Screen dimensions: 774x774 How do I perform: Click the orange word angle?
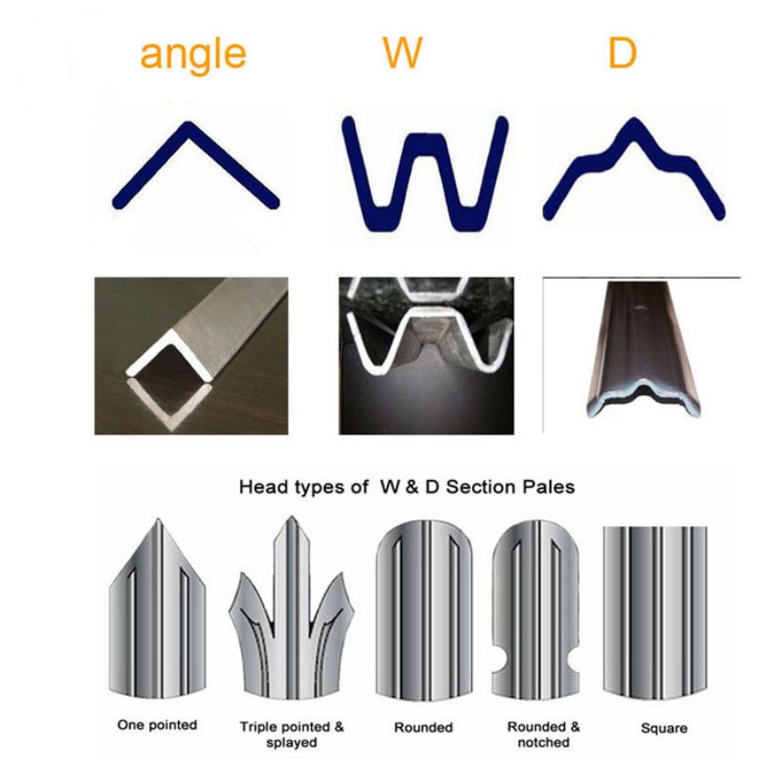[193, 55]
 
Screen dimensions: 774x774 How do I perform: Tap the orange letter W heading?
[402, 52]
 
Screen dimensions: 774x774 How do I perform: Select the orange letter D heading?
[622, 52]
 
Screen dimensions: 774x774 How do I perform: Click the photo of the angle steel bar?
[191, 356]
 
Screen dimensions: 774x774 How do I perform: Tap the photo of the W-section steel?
[426, 356]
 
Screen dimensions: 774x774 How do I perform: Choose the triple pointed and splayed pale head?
[291, 612]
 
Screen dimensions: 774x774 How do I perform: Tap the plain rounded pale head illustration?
[424, 612]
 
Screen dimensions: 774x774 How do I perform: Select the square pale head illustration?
[655, 613]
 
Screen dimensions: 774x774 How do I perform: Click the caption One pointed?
[157, 725]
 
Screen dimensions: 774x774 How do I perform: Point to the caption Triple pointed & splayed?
[291, 734]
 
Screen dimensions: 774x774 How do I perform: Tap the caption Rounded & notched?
[543, 734]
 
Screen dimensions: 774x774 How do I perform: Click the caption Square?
[664, 729]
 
